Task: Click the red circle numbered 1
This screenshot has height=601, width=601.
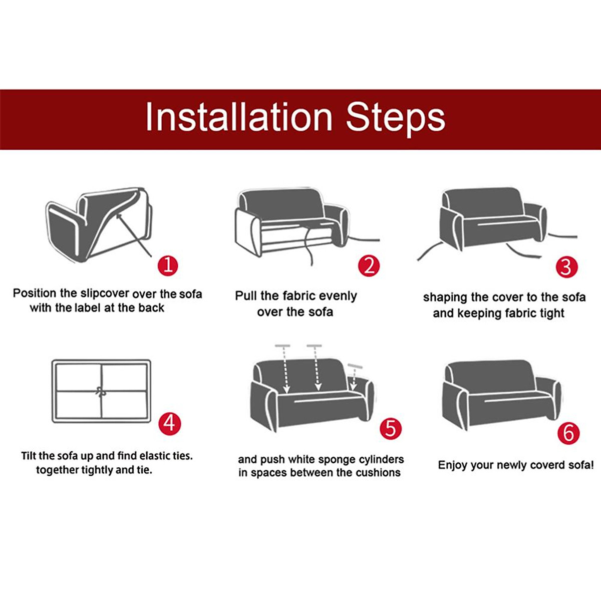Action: click(168, 266)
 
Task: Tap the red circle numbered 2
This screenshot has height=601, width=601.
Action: click(369, 266)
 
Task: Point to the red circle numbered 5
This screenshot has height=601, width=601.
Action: click(390, 428)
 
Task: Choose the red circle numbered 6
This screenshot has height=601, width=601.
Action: click(568, 434)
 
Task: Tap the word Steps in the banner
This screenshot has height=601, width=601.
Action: click(396, 119)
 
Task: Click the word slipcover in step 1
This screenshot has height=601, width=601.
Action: click(105, 294)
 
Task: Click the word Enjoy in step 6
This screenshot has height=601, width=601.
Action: click(453, 465)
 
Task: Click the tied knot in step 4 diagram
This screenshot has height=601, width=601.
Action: click(101, 391)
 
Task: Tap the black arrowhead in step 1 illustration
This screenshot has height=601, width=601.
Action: click(119, 216)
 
